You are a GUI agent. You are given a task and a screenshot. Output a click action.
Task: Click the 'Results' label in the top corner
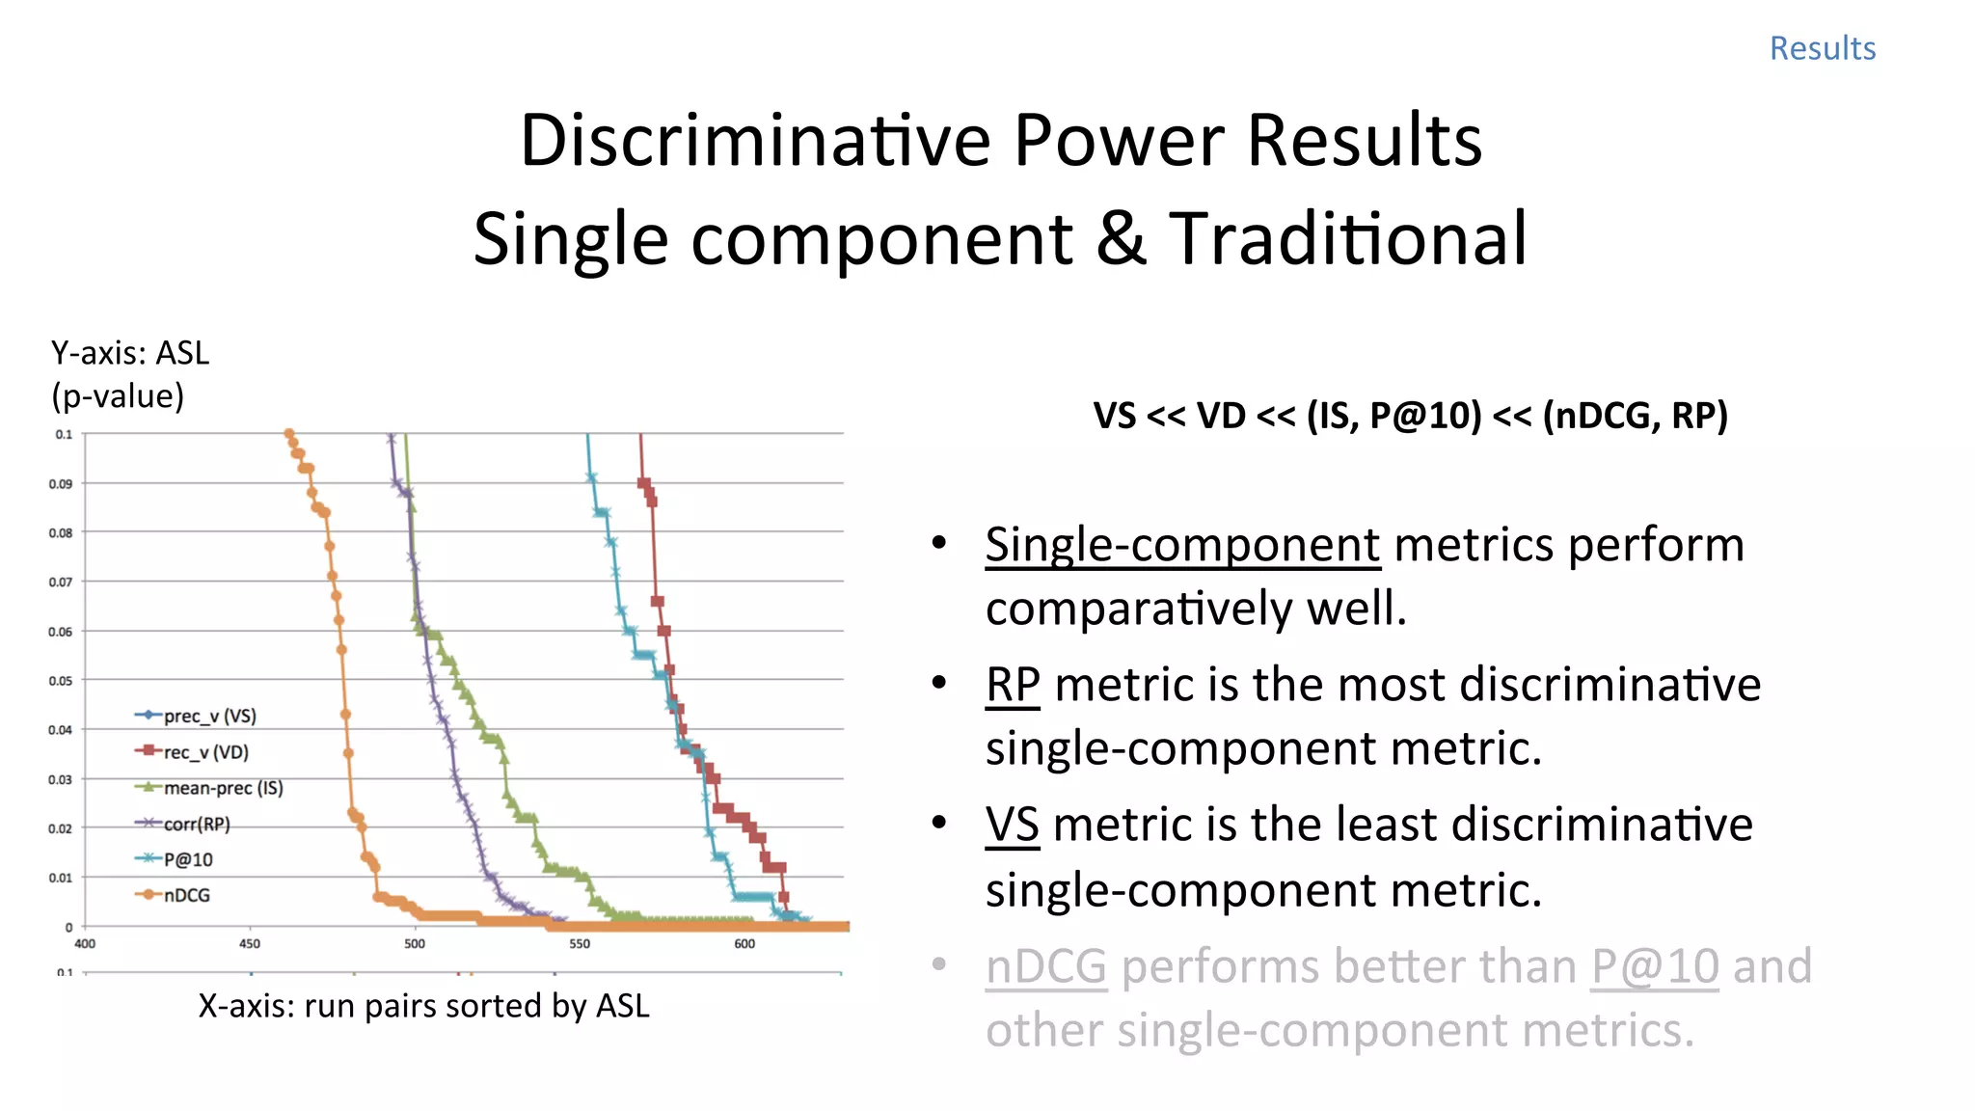[1822, 48]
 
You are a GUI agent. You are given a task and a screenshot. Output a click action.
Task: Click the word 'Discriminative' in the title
[755, 141]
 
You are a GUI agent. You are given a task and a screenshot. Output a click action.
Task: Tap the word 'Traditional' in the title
[1347, 239]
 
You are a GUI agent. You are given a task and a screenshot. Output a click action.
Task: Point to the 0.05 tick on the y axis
[61, 681]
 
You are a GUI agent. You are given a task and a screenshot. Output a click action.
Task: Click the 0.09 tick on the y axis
[61, 484]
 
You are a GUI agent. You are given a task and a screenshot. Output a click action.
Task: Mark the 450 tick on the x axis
[250, 944]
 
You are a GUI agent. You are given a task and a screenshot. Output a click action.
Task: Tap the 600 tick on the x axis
[744, 944]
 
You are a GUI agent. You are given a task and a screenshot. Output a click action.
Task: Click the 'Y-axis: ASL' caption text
[130, 354]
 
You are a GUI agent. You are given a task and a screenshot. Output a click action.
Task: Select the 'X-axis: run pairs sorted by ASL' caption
[423, 1006]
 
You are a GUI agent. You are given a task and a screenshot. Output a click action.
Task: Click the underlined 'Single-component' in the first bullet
[1182, 545]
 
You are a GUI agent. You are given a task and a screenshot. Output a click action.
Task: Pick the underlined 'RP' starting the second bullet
[1013, 685]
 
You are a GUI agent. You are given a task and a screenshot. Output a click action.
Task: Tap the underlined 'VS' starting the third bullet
[1012, 826]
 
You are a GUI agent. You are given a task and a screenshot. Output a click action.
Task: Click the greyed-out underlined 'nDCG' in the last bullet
[1045, 966]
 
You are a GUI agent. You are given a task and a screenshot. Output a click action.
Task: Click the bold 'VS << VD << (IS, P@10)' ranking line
[1410, 416]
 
